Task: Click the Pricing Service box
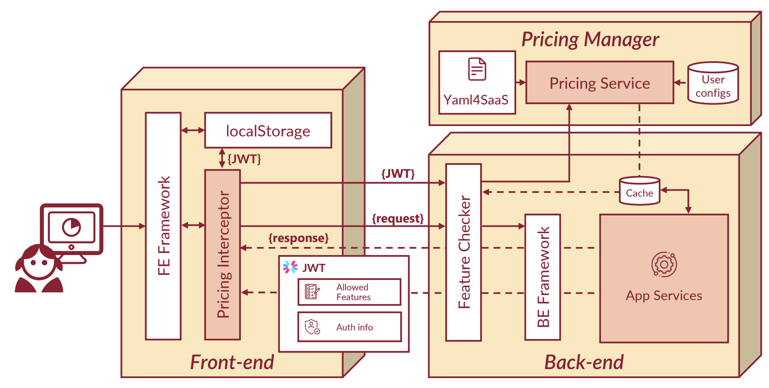[x=599, y=83]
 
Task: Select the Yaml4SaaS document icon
[x=477, y=69]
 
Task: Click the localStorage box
[x=268, y=131]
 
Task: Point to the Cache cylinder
[x=639, y=191]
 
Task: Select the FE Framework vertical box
[x=163, y=226]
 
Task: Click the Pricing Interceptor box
[x=223, y=255]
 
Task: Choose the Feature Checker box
[x=464, y=252]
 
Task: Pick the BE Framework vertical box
[x=543, y=277]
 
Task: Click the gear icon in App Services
[x=664, y=264]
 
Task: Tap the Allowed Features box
[x=350, y=292]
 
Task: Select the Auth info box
[x=350, y=327]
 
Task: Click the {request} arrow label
[x=398, y=219]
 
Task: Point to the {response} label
[x=299, y=238]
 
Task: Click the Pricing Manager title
[x=590, y=39]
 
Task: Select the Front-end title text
[x=232, y=362]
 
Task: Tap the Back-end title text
[x=584, y=362]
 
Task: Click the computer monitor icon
[x=72, y=229]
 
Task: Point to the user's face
[x=39, y=264]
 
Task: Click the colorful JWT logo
[x=290, y=267]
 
